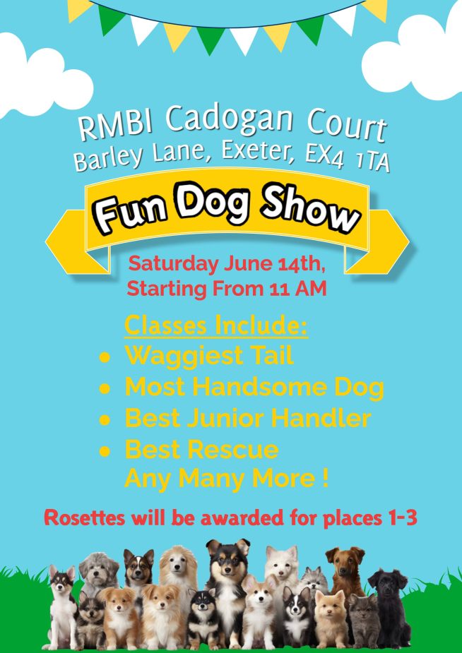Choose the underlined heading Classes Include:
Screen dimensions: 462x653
[216, 326]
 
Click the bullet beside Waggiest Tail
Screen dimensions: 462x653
[105, 357]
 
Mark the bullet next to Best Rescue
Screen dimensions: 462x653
[105, 451]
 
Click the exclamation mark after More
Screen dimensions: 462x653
[326, 479]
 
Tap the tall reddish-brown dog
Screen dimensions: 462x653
[345, 575]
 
